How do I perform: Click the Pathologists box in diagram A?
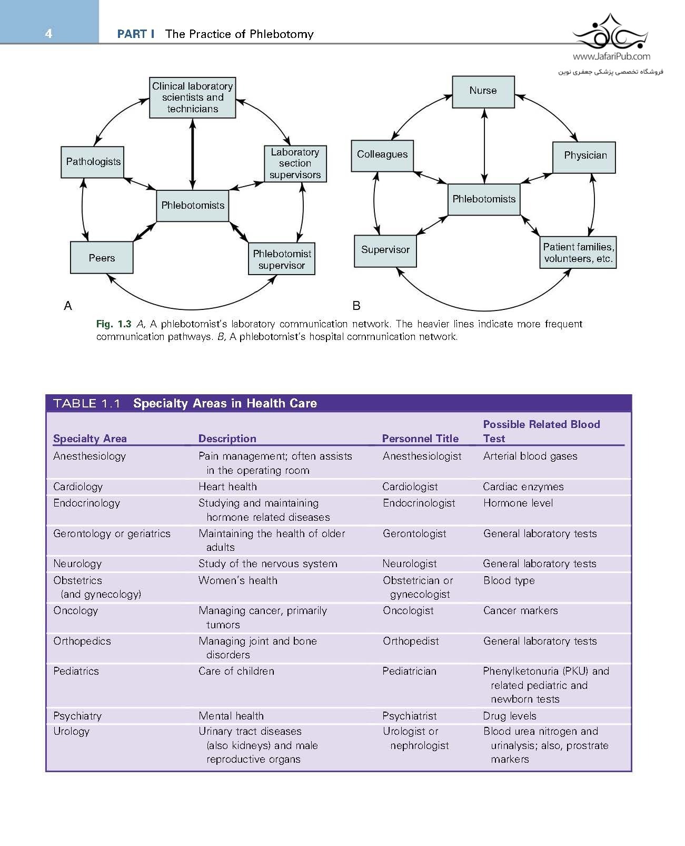93,162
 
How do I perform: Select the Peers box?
102,258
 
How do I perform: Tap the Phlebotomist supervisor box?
282,259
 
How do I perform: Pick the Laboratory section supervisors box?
295,164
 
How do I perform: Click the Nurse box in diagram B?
483,91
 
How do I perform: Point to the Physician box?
584,156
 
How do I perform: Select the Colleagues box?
382,155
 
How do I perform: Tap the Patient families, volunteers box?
578,253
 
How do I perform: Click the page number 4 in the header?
48,34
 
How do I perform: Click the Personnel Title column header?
420,439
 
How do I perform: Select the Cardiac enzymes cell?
523,487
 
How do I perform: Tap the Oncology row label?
76,611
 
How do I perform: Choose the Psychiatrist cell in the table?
410,716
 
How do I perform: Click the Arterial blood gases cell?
530,456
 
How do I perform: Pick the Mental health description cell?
231,716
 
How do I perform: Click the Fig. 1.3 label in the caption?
113,324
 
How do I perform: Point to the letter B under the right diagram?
356,306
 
